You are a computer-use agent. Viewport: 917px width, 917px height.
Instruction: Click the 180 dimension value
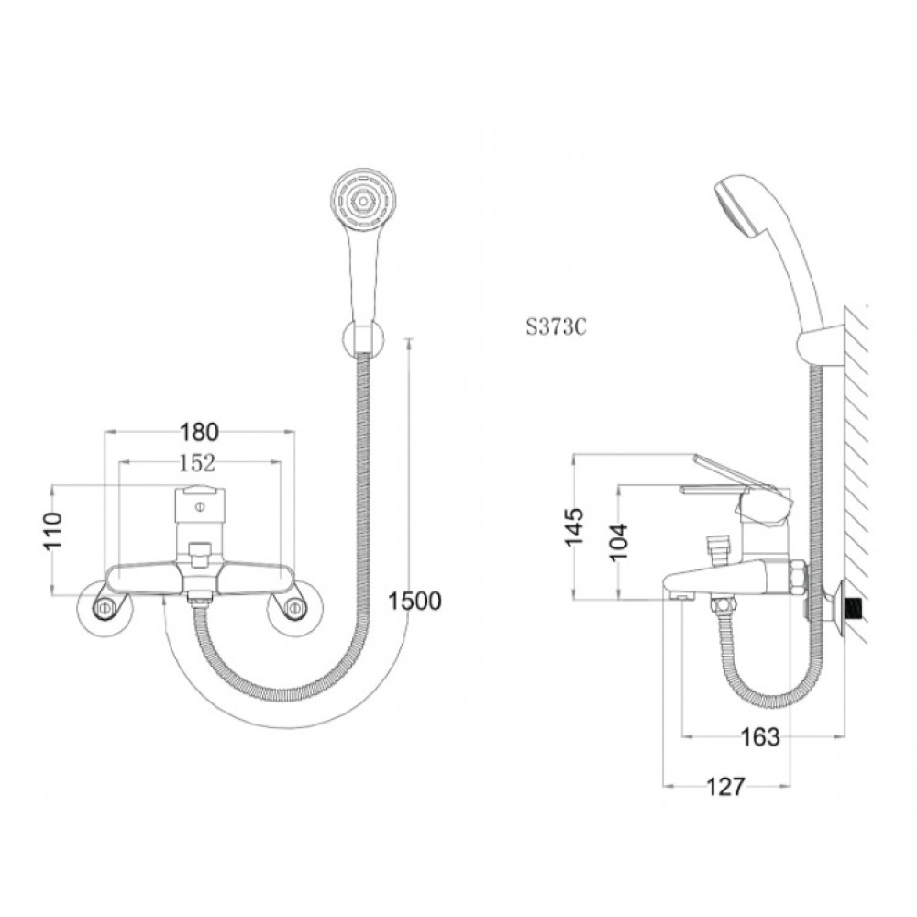tap(199, 432)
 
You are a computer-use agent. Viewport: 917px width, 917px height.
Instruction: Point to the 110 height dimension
tap(52, 530)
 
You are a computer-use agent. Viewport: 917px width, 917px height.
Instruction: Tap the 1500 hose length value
tap(415, 601)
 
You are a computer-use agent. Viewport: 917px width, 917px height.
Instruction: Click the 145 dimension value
tap(574, 526)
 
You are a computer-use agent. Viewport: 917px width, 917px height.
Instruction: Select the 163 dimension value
tap(760, 737)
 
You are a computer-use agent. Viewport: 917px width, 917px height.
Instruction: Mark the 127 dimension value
tap(726, 787)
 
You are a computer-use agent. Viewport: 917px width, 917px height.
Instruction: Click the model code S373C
tap(556, 327)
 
